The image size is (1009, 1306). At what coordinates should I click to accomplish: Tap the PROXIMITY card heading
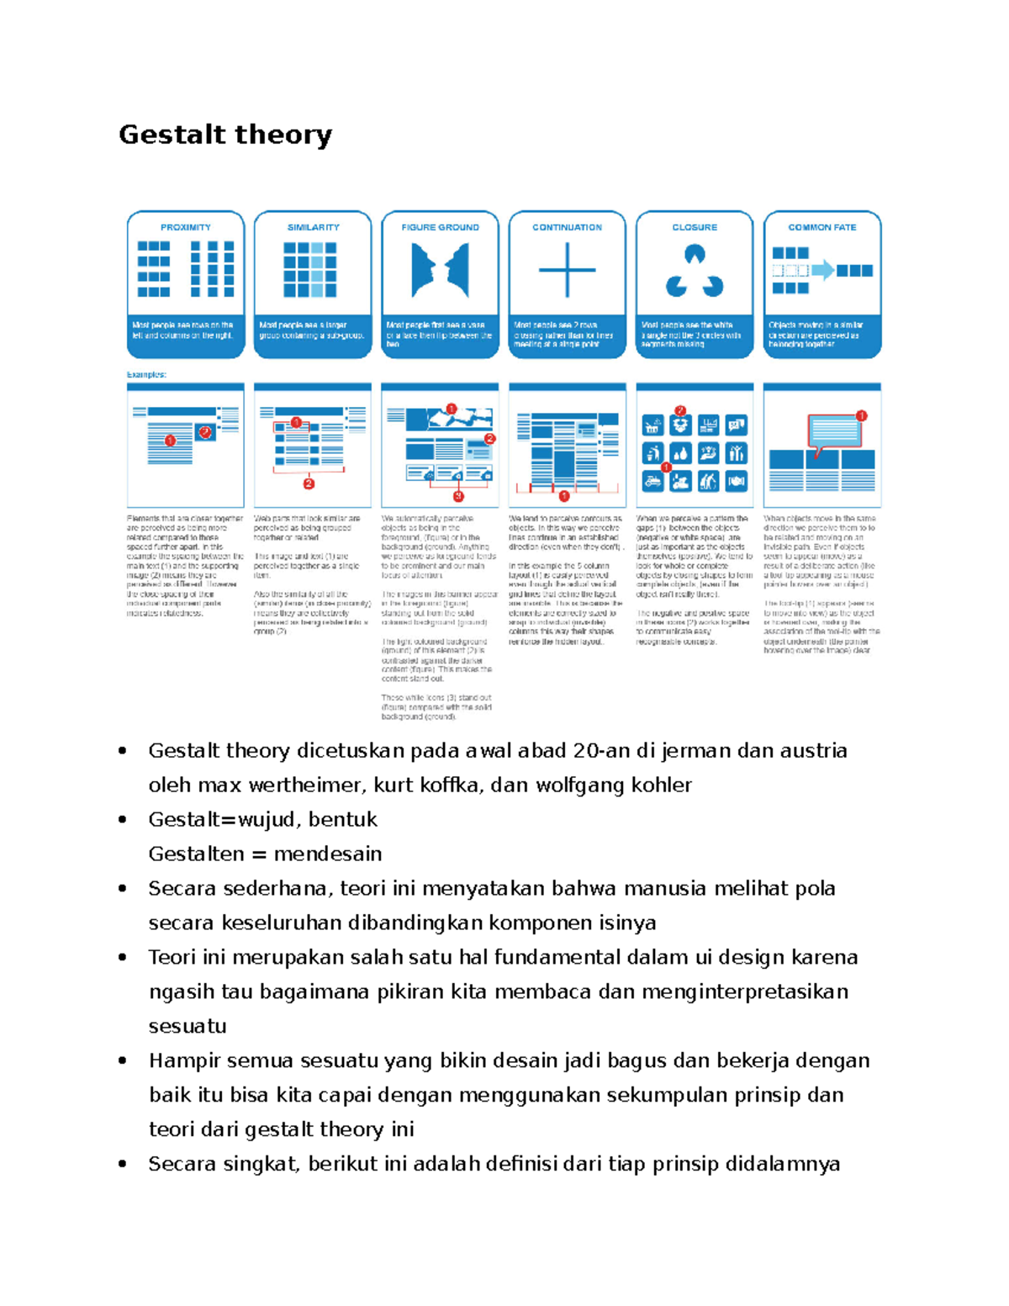(x=186, y=227)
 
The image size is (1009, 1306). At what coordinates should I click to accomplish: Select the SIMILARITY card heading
(x=313, y=227)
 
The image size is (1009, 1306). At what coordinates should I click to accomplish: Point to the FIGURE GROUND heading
(x=440, y=227)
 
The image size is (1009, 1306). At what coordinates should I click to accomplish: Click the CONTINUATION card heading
(x=567, y=227)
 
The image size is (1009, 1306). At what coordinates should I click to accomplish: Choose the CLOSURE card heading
(x=695, y=227)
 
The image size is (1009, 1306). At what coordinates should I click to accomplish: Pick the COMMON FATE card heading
(x=821, y=227)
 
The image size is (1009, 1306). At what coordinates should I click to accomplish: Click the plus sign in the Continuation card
(x=567, y=270)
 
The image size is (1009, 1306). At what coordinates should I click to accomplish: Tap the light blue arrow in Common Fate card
(x=822, y=270)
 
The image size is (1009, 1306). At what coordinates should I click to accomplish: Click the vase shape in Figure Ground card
(x=440, y=270)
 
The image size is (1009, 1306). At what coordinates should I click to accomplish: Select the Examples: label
(x=146, y=374)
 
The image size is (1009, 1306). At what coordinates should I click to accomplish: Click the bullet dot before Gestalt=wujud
(x=123, y=820)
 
